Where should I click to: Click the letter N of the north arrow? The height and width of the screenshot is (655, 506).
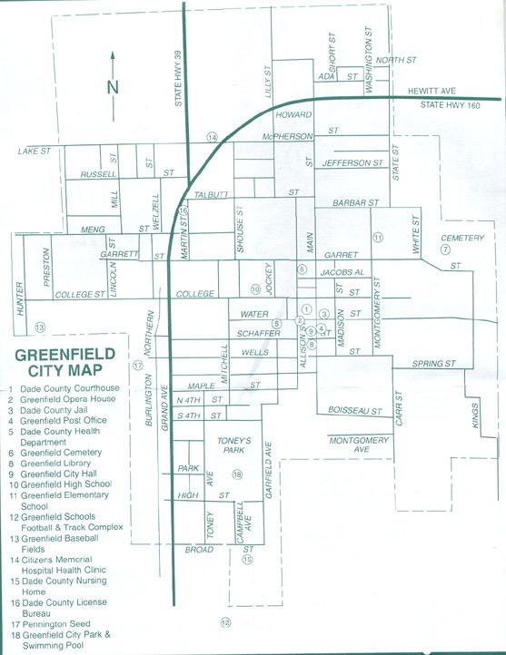coord(113,87)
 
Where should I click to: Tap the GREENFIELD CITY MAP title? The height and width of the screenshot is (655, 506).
coord(65,362)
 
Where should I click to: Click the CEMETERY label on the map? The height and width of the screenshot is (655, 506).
coord(464,238)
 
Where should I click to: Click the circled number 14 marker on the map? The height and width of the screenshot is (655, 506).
coord(213,137)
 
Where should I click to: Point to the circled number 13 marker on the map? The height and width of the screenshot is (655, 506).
coord(39,327)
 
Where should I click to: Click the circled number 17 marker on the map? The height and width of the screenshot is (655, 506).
coord(138,366)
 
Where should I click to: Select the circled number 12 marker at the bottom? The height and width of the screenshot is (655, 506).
coord(225,622)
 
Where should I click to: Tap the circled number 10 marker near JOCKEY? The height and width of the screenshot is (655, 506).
coord(256,289)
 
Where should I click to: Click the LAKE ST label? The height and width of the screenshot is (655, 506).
coord(34,151)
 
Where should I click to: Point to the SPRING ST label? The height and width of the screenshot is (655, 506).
coord(433,364)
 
